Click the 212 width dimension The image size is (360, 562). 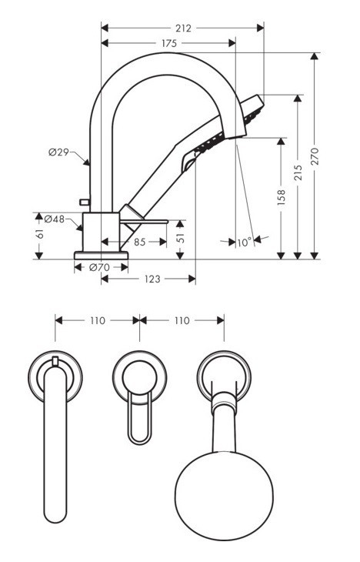(183, 28)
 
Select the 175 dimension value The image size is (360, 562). (168, 44)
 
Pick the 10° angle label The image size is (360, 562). (244, 242)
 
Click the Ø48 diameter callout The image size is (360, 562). (54, 219)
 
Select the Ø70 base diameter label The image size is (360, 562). (98, 267)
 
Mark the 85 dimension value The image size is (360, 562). (140, 242)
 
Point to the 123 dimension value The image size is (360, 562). (152, 279)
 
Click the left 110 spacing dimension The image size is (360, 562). (97, 319)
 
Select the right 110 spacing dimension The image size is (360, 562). (182, 319)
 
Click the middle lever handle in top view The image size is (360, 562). (139, 404)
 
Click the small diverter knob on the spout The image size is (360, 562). (85, 202)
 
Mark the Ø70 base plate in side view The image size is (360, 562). (101, 255)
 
